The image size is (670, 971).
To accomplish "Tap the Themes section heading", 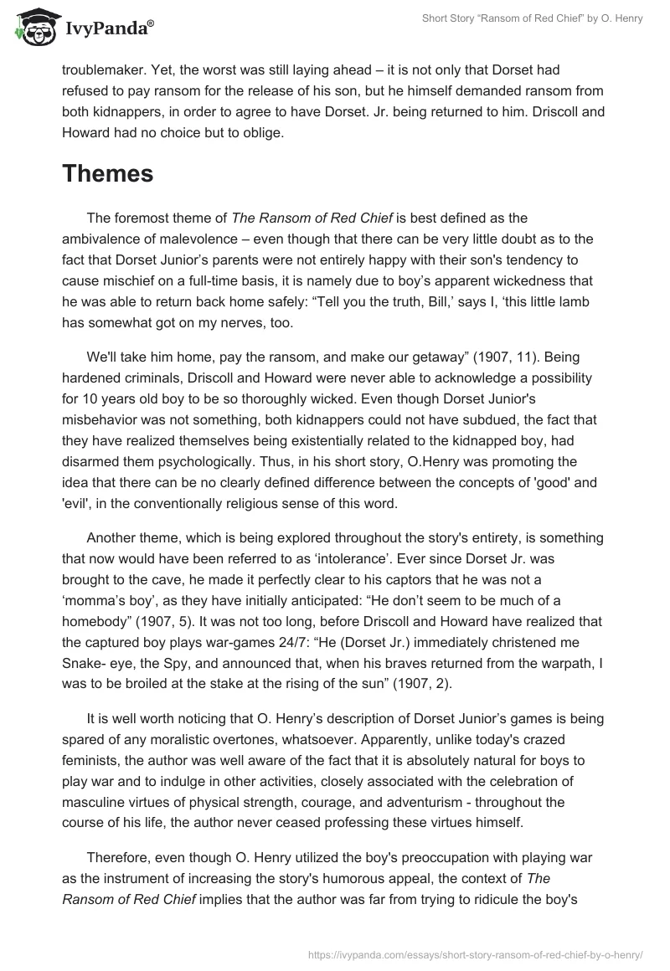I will click(x=107, y=174).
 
